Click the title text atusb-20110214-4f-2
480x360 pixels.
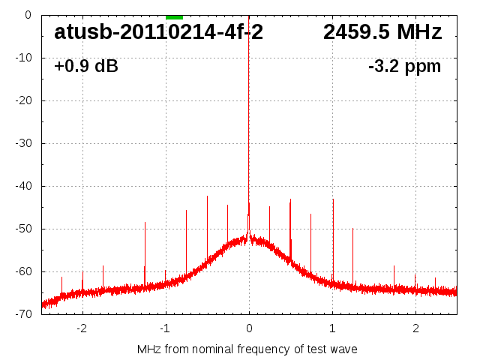(x=158, y=32)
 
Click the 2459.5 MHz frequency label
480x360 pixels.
(x=382, y=32)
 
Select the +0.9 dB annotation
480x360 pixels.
(x=86, y=67)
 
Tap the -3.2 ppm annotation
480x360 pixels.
(x=405, y=67)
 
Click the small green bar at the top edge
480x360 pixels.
(x=174, y=16)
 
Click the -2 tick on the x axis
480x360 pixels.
(x=82, y=328)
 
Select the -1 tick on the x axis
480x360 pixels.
(x=165, y=328)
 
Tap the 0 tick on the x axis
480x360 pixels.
(x=249, y=328)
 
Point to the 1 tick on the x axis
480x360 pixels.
(x=332, y=328)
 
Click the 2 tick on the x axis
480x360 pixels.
(x=415, y=328)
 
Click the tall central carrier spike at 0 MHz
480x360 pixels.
(x=249, y=112)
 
